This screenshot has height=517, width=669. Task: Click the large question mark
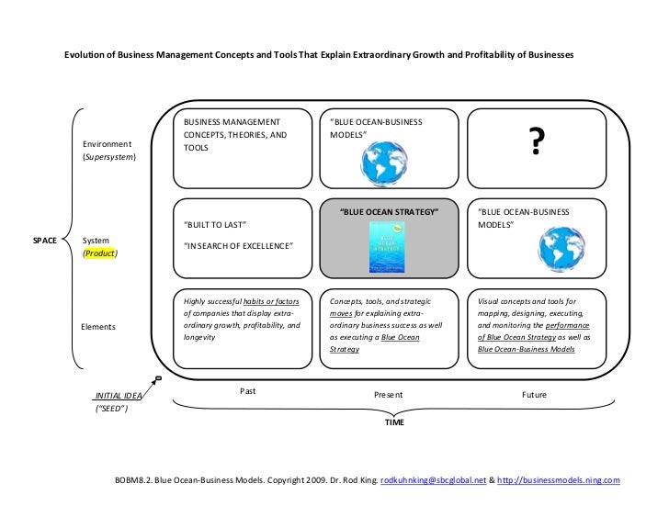click(x=532, y=143)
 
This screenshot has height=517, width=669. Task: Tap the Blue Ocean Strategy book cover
click(x=389, y=247)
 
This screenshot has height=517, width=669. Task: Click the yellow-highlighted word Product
click(x=101, y=253)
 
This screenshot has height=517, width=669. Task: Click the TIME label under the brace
click(x=393, y=423)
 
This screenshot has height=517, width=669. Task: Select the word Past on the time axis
click(x=247, y=390)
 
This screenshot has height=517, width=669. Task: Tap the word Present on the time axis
click(x=389, y=395)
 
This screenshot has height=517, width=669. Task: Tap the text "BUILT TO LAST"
click(x=215, y=225)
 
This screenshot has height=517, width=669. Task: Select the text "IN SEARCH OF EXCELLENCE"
click(x=238, y=246)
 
